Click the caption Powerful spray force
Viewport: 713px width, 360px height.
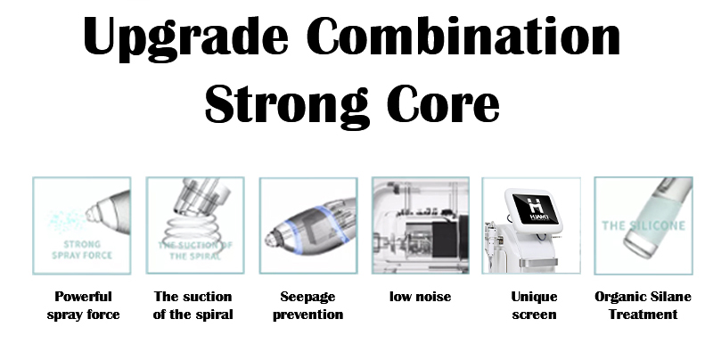[83, 306]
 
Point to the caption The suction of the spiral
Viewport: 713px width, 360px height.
[193, 306]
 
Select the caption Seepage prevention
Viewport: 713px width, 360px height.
[307, 306]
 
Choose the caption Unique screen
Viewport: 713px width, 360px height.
[534, 306]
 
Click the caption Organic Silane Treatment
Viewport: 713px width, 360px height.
[643, 306]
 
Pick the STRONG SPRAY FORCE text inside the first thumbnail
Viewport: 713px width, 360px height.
[82, 250]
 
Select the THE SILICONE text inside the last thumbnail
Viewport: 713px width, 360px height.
[642, 226]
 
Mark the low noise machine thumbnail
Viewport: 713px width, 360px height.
[420, 225]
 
